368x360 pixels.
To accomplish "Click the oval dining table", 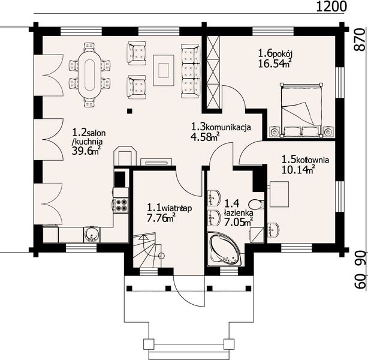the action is pyautogui.click(x=89, y=75).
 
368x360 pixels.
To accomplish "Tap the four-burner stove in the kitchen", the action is pyautogui.click(x=121, y=205).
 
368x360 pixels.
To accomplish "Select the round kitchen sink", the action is pyautogui.click(x=92, y=234).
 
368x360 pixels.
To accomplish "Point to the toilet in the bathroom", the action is pyautogui.click(x=257, y=205).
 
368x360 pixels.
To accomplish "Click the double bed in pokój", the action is pyautogui.click(x=301, y=110).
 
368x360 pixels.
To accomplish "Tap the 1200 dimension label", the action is pyautogui.click(x=331, y=7).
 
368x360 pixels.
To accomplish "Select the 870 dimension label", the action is pyautogui.click(x=360, y=40).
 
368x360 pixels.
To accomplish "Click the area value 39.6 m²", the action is pyautogui.click(x=86, y=151).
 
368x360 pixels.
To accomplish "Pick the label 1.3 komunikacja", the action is pyautogui.click(x=221, y=127).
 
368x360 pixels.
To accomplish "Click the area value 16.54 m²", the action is pyautogui.click(x=275, y=64).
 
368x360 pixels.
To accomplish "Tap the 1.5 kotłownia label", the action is pyautogui.click(x=305, y=160).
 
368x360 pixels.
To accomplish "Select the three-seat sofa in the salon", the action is pyautogui.click(x=191, y=71).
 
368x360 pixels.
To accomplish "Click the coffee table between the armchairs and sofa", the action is pyautogui.click(x=164, y=70).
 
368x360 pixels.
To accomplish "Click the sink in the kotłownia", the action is pyautogui.click(x=273, y=229).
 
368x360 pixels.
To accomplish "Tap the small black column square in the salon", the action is pyautogui.click(x=129, y=111).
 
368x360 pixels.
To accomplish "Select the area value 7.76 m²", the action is pyautogui.click(x=161, y=218).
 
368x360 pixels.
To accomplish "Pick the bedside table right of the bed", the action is pyautogui.click(x=328, y=131).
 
